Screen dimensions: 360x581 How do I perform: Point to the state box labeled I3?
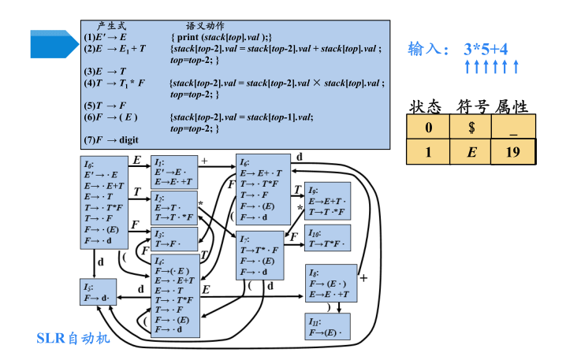pos(174,239)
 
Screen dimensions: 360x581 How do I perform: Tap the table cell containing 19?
pos(512,152)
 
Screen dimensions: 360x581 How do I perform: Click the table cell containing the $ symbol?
pos(471,127)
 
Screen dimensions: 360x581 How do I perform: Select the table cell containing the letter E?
pos(471,152)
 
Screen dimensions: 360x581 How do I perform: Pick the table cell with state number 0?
pos(428,127)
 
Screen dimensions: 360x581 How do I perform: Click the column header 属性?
pos(512,106)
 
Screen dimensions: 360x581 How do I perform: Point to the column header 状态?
pos(428,106)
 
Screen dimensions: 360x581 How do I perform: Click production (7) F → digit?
pos(111,139)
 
